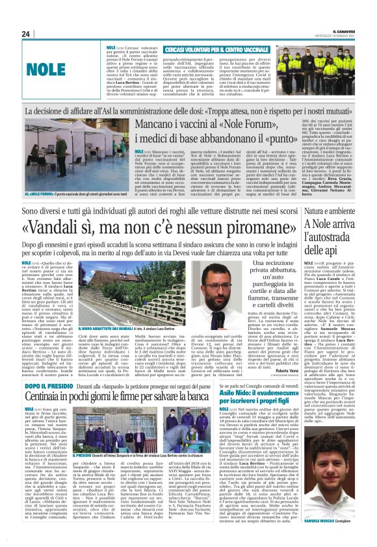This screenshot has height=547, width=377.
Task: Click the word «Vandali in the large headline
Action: click(x=68, y=229)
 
